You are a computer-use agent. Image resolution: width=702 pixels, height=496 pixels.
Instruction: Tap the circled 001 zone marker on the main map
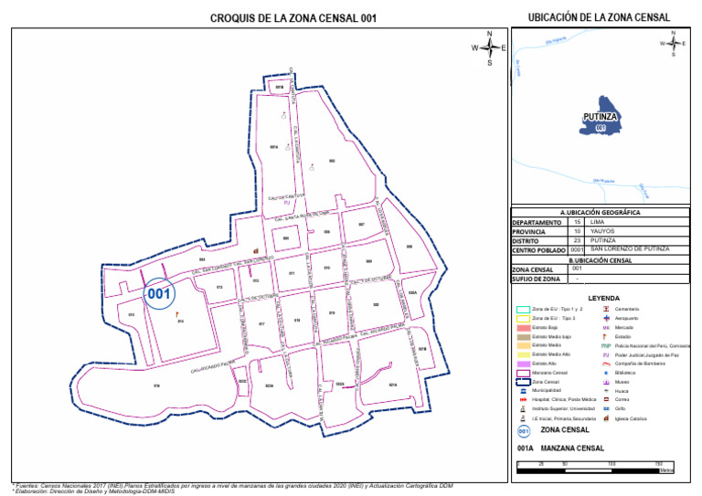[160, 294]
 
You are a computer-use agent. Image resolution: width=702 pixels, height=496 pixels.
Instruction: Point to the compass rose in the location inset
[674, 43]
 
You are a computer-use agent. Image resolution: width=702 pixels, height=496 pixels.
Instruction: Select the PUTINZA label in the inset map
[601, 117]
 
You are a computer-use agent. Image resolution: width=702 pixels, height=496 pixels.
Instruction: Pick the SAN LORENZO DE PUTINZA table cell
[631, 249]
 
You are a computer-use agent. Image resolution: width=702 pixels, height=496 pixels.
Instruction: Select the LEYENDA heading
[603, 298]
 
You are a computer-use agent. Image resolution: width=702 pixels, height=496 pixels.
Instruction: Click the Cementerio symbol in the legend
[606, 309]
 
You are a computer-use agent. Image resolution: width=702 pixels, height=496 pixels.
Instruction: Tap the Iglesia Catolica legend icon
[606, 417]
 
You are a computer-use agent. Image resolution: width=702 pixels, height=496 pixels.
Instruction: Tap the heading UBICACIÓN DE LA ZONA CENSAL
[600, 17]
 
